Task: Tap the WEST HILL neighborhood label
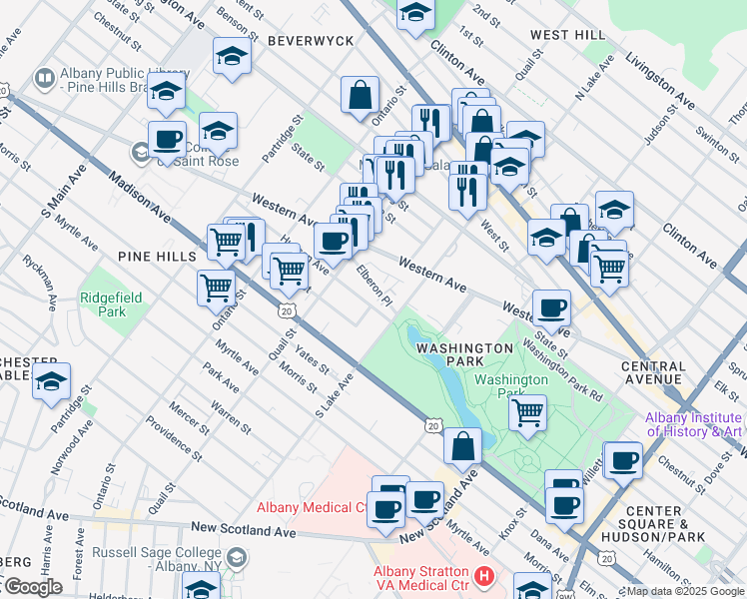point(567,35)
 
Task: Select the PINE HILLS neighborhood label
point(157,257)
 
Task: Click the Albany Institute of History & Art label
point(693,424)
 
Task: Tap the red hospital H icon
point(484,577)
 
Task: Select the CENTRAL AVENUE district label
point(653,372)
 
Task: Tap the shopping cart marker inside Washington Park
point(527,410)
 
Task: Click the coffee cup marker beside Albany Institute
point(624,460)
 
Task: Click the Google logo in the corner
point(32,587)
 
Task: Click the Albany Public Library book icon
point(44,77)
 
